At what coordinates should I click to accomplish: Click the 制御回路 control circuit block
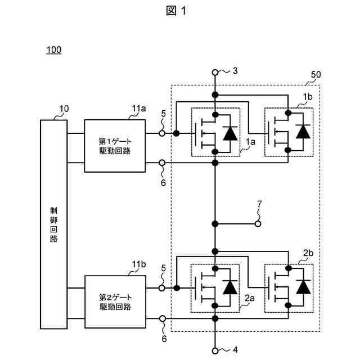54,224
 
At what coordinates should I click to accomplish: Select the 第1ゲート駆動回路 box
115,146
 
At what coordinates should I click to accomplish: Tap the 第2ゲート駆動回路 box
115,301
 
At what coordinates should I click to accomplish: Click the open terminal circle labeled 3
215,73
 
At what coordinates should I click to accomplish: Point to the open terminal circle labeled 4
215,351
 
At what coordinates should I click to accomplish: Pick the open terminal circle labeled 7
258,224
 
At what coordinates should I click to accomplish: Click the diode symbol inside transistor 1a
230,133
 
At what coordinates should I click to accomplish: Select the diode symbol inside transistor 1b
303,132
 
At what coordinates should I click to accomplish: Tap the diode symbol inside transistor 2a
230,287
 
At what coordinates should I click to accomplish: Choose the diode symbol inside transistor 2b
303,287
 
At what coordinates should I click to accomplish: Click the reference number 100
54,50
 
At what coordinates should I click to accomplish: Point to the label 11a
139,109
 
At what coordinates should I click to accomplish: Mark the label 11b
139,264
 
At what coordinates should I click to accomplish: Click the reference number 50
316,75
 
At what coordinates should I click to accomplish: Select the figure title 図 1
176,11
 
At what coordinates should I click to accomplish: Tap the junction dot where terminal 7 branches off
215,224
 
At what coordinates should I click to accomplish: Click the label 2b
308,253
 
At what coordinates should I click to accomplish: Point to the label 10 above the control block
64,109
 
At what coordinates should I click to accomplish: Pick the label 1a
250,142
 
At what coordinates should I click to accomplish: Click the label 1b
308,97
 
